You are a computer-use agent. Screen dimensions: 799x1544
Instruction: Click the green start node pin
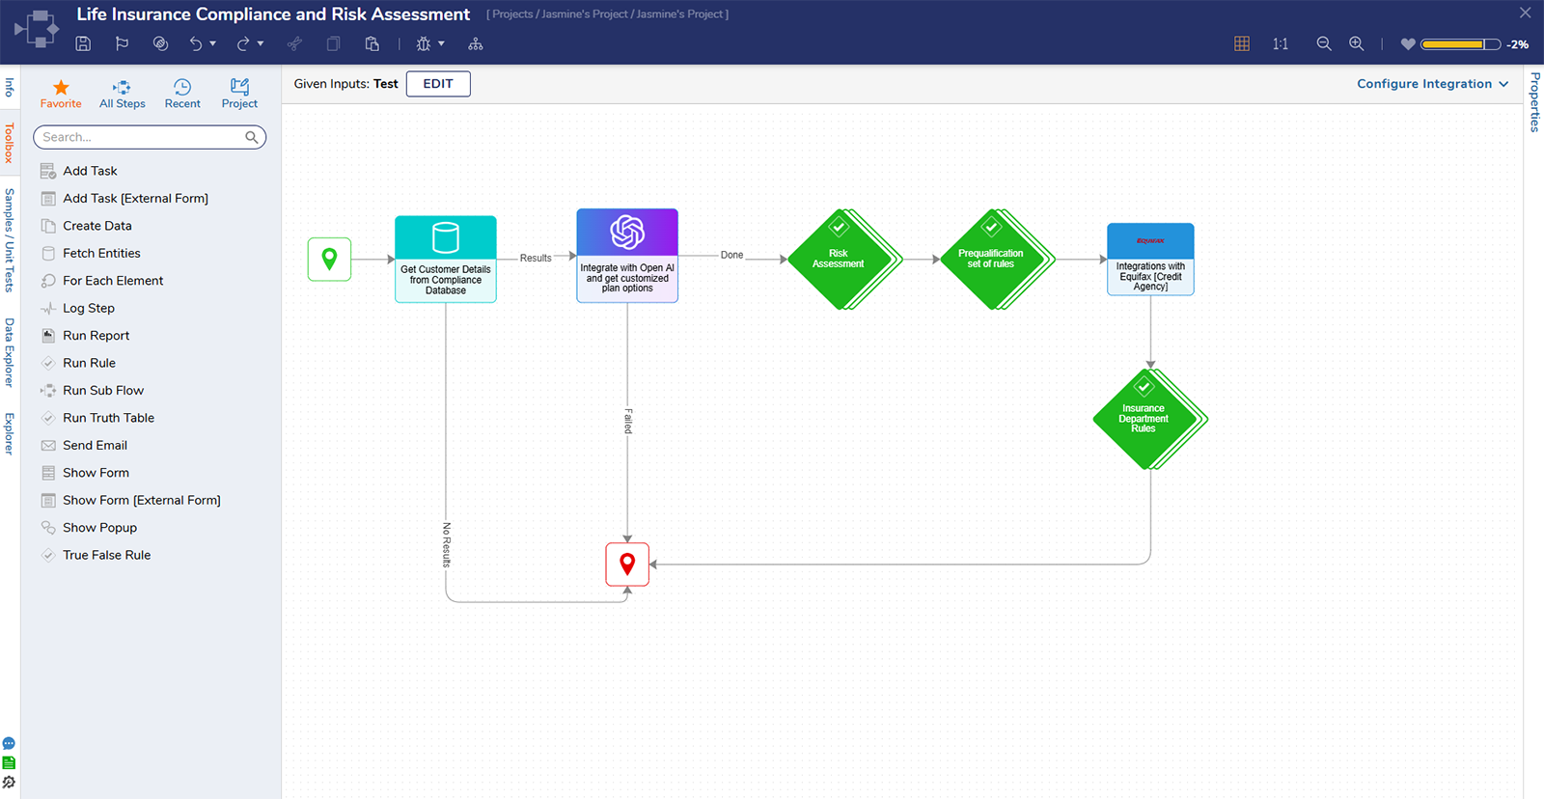pyautogui.click(x=329, y=259)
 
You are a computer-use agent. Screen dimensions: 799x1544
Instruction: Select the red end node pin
pyautogui.click(x=627, y=565)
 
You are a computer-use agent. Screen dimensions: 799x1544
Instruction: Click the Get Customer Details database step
pyautogui.click(x=446, y=259)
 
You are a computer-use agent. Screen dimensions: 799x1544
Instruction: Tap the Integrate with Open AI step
pyautogui.click(x=627, y=256)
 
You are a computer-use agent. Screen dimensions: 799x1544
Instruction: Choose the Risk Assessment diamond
pyautogui.click(x=840, y=259)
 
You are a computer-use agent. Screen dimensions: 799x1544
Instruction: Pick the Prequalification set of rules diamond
pyautogui.click(x=992, y=259)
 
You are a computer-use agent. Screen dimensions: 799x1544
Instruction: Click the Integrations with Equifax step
pyautogui.click(x=1150, y=259)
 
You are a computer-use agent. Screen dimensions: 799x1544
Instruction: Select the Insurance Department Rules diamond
pyautogui.click(x=1144, y=419)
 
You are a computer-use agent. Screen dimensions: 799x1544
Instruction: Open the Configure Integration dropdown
pyautogui.click(x=1432, y=84)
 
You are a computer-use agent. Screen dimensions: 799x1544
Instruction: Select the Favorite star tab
pyautogui.click(x=61, y=94)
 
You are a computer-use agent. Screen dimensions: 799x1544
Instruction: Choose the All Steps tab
pyautogui.click(x=123, y=94)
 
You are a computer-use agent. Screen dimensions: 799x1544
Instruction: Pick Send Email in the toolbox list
pyautogui.click(x=95, y=445)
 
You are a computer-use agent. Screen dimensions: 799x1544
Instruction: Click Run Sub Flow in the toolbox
pyautogui.click(x=102, y=390)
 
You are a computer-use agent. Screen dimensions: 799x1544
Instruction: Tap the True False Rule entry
pyautogui.click(x=106, y=555)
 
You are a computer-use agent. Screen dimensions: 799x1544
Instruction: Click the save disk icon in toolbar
pyautogui.click(x=83, y=43)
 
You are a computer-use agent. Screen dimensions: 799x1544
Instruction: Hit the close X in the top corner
pyautogui.click(x=1525, y=14)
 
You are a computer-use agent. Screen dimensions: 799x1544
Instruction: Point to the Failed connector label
pyautogui.click(x=628, y=421)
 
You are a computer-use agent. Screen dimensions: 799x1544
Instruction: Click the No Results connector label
pyautogui.click(x=447, y=544)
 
